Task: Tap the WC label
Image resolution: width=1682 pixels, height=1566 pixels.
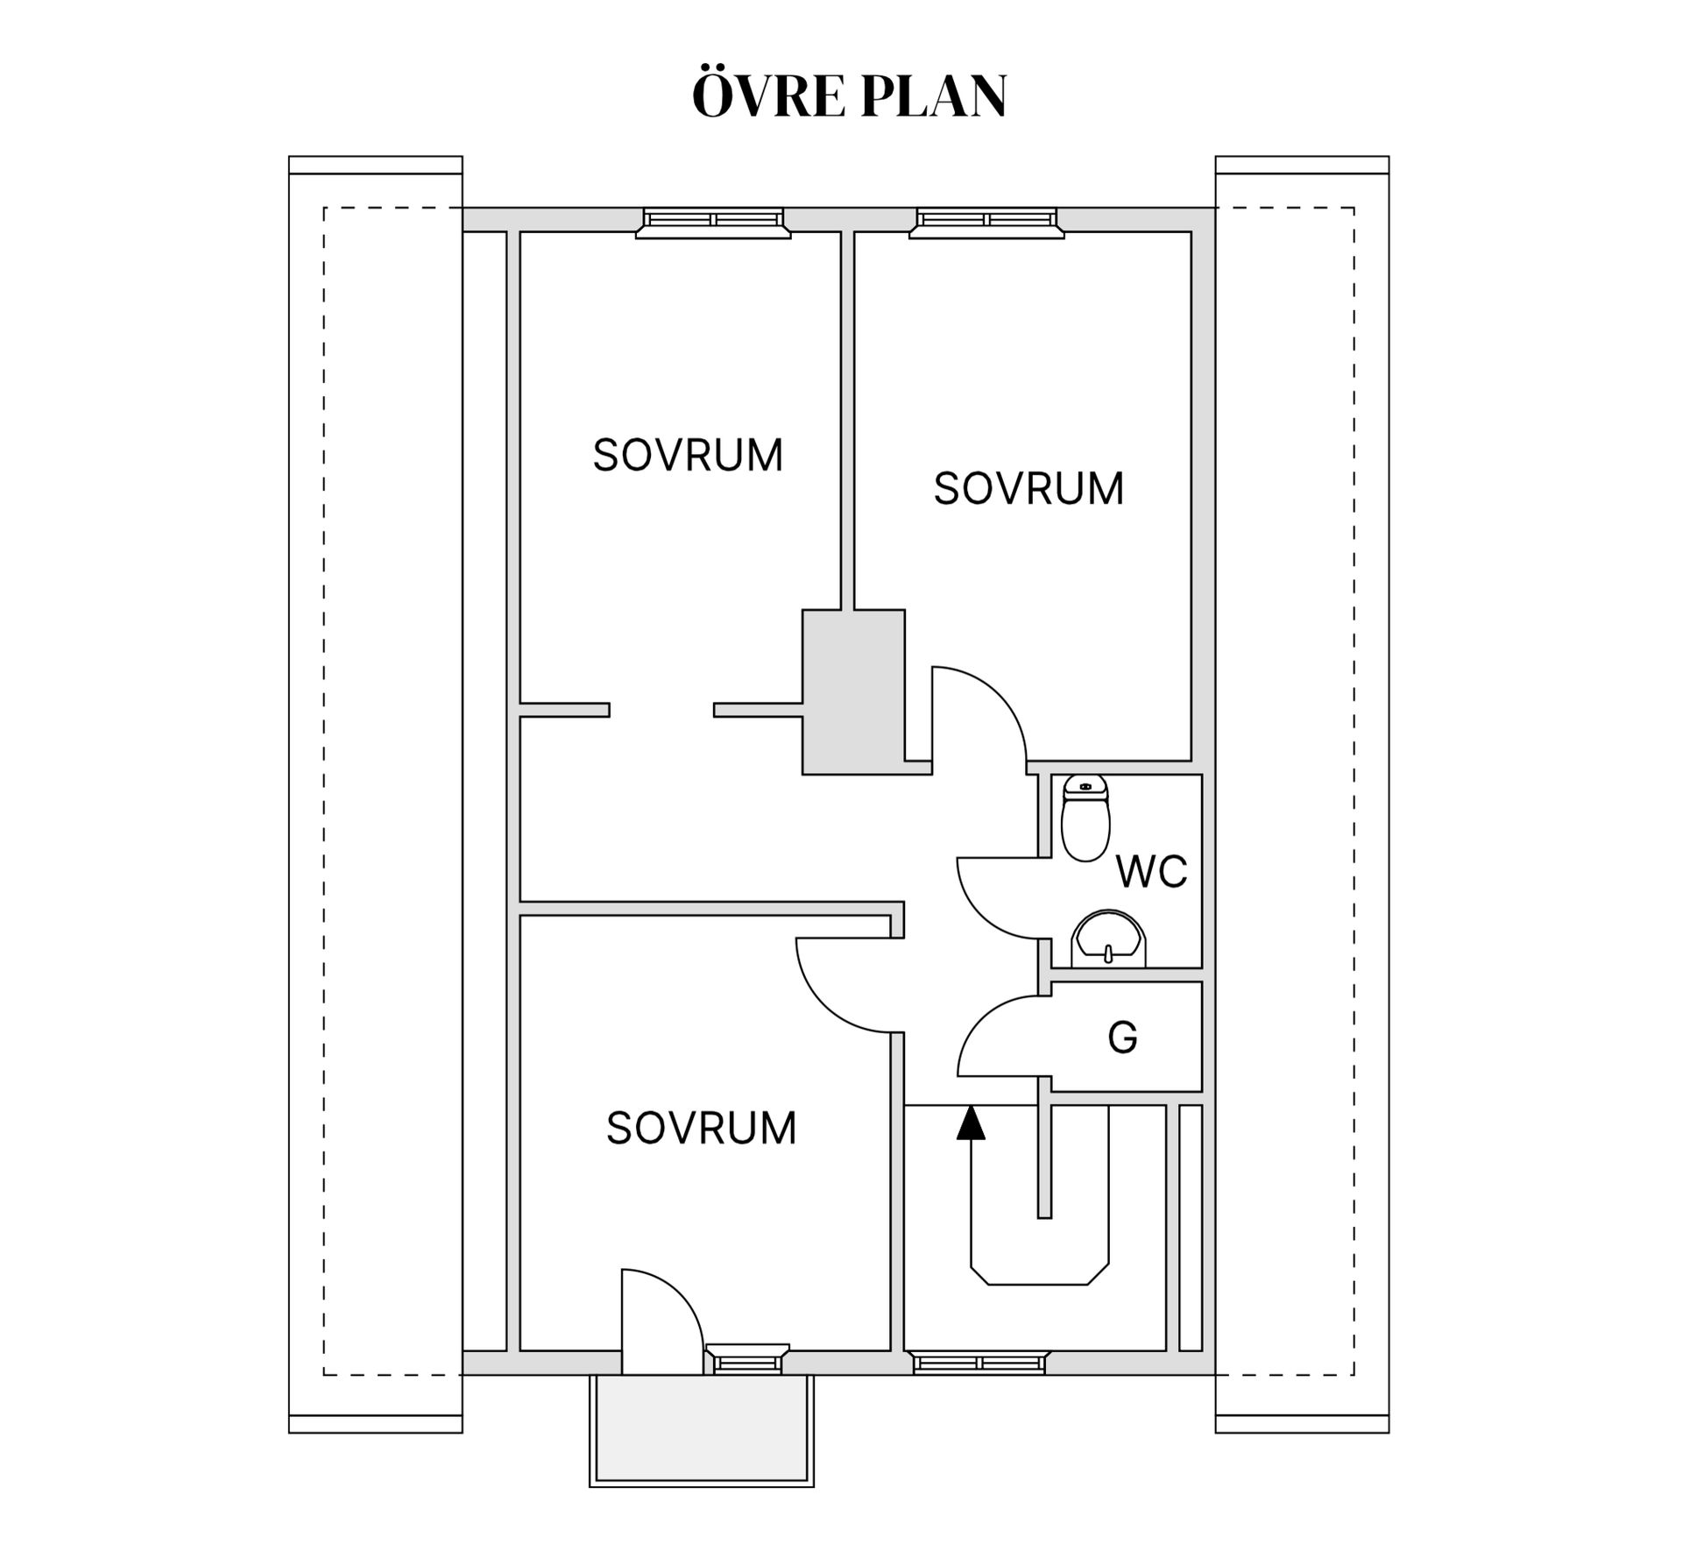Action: pyautogui.click(x=1151, y=871)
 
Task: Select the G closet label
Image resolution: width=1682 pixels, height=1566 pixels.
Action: pyautogui.click(x=1122, y=1038)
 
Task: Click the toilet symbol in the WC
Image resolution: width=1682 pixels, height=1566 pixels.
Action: pyautogui.click(x=1085, y=818)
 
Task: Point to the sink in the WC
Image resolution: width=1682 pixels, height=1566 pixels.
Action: pyautogui.click(x=1109, y=939)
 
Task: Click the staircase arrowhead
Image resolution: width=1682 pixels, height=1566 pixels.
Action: pyautogui.click(x=971, y=1123)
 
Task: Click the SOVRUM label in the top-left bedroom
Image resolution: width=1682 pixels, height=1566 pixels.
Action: pyautogui.click(x=688, y=455)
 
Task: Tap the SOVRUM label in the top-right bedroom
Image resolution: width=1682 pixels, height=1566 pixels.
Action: pyautogui.click(x=1028, y=488)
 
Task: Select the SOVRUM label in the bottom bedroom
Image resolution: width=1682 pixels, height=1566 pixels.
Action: pyautogui.click(x=702, y=1128)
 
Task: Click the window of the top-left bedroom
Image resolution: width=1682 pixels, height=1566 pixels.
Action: pyautogui.click(x=713, y=223)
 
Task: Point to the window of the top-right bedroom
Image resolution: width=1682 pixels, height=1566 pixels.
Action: pyautogui.click(x=986, y=223)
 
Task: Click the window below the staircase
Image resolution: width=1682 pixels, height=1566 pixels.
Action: pyautogui.click(x=979, y=1363)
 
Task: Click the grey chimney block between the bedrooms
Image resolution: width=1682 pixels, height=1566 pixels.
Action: pyautogui.click(x=853, y=692)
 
